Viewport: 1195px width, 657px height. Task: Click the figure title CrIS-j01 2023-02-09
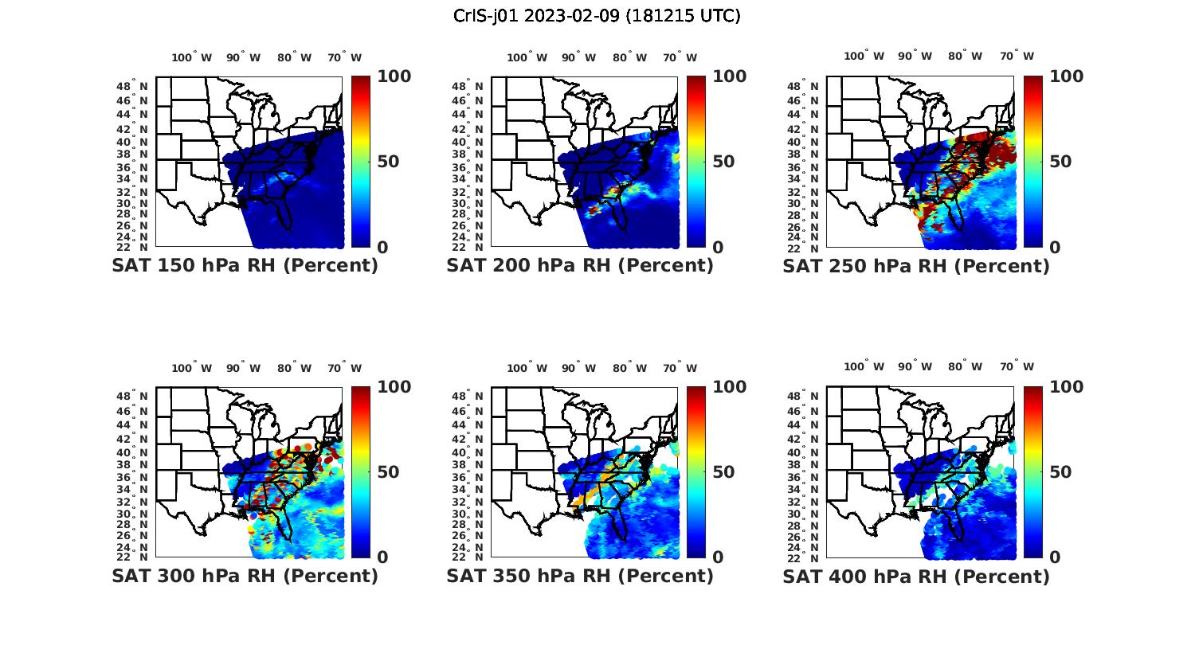coord(597,16)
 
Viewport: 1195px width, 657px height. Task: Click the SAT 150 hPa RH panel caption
coord(245,266)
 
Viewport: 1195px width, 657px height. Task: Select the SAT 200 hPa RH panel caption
coord(580,266)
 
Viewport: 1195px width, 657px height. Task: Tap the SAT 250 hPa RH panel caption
coord(916,266)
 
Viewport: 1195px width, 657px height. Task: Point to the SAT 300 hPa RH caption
coord(245,576)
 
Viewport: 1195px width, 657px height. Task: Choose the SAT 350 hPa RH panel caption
coord(580,576)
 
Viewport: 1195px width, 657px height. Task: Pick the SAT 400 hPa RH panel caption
coord(916,576)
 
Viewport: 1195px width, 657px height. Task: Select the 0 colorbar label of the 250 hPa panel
coord(1055,247)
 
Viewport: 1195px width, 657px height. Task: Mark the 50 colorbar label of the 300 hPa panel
coord(387,472)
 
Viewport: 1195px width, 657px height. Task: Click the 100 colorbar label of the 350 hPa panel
coord(729,387)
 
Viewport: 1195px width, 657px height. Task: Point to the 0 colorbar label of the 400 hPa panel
coord(1055,557)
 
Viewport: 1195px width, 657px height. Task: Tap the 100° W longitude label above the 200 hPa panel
coord(527,57)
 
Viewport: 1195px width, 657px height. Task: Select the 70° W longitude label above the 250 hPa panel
coord(1017,56)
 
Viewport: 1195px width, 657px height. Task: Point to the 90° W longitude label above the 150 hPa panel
coord(243,57)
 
